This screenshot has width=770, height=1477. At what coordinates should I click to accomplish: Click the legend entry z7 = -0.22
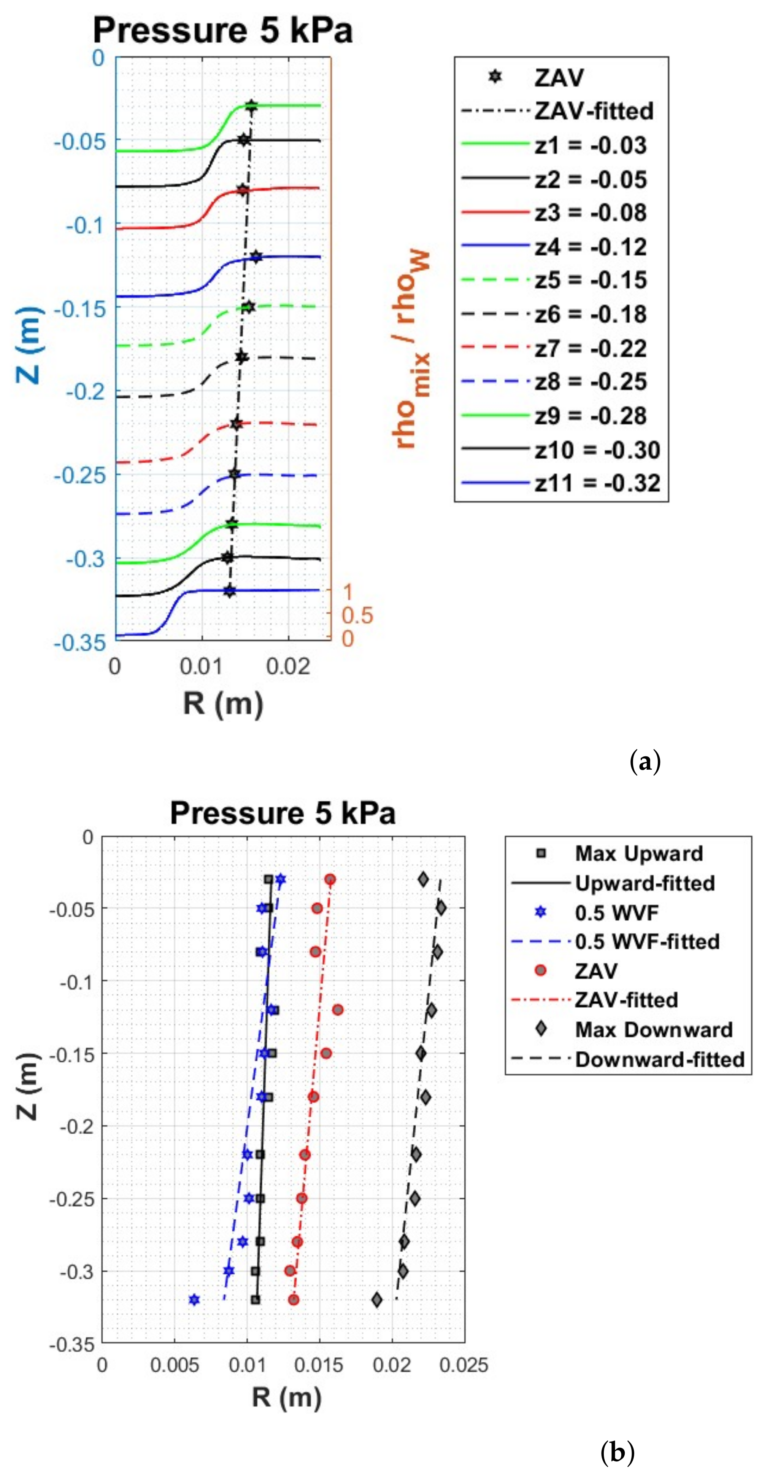(x=590, y=348)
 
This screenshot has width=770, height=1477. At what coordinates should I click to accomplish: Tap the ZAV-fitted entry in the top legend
(x=594, y=111)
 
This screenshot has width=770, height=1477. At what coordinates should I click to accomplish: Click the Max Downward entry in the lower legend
(x=653, y=1029)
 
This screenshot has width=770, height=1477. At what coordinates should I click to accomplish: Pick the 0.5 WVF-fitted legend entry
(x=647, y=941)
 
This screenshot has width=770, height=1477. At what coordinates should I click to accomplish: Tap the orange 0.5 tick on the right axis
(x=357, y=615)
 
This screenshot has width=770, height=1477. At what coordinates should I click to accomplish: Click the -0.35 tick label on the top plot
(x=80, y=642)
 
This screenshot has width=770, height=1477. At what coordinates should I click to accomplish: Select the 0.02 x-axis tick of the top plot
(x=288, y=666)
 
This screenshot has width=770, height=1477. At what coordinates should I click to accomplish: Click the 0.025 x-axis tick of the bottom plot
(x=464, y=1365)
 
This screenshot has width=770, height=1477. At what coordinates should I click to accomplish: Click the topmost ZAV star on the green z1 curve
(x=251, y=105)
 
